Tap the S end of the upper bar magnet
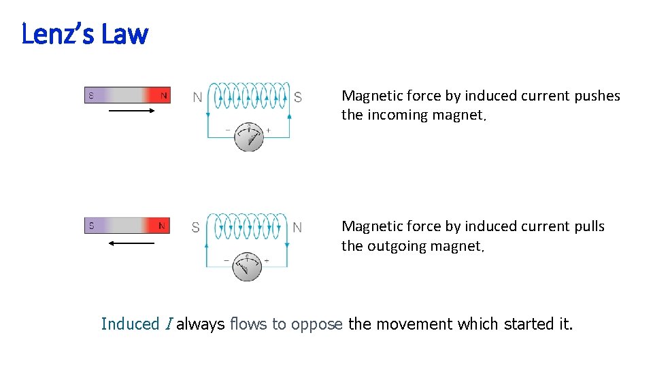91,96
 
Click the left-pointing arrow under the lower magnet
133,242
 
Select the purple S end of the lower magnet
91,226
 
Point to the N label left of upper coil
197,98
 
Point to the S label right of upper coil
298,98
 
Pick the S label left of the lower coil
196,228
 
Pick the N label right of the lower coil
297,228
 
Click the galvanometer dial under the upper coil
249,137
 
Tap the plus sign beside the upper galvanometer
268,130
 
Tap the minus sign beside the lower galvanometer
227,260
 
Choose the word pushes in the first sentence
597,96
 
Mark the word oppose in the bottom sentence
317,324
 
